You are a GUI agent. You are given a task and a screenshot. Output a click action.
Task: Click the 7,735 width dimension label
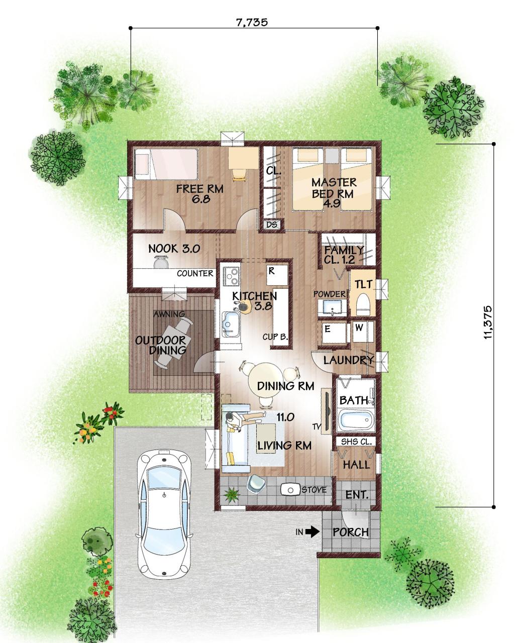(252, 23)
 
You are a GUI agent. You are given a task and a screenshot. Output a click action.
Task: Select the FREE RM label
(199, 189)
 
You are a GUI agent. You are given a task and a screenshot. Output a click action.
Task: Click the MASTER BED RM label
(334, 188)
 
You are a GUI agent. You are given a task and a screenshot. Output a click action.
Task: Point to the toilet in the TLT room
(363, 304)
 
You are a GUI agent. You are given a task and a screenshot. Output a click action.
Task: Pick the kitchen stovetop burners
(232, 275)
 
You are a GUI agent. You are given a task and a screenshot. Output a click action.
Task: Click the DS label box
(272, 225)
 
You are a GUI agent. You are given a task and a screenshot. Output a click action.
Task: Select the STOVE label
(314, 490)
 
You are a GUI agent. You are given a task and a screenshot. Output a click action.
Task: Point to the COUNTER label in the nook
(195, 273)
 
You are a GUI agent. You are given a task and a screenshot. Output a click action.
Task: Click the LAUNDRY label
(348, 360)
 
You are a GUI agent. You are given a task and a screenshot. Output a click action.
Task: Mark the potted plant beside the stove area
(232, 494)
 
